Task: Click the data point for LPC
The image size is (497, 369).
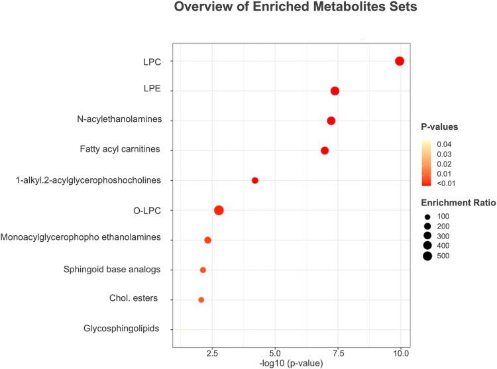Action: pos(400,61)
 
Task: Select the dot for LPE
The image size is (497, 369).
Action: pos(335,91)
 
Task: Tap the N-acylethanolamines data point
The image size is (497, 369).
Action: pos(331,121)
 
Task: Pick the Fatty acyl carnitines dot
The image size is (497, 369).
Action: pos(325,150)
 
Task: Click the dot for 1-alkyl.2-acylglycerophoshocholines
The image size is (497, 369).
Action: pos(255,180)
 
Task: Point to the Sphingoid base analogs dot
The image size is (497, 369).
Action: pos(203,270)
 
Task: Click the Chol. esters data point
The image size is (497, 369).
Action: pos(201,299)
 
